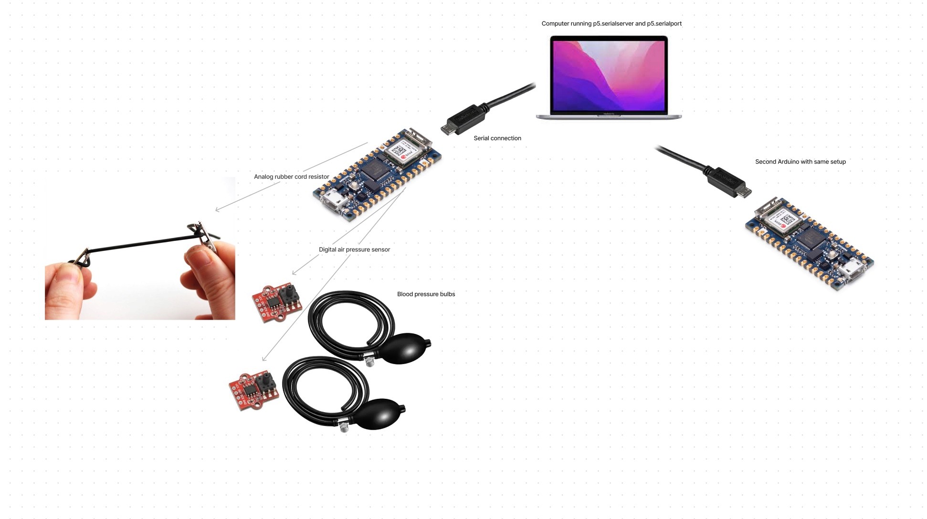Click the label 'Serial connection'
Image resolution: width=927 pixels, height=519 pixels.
[x=497, y=138]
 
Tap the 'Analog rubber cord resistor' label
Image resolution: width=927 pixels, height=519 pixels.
[x=291, y=177]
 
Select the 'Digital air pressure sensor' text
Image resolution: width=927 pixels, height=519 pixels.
[x=354, y=249]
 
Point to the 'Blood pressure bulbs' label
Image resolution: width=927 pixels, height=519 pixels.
[x=426, y=294]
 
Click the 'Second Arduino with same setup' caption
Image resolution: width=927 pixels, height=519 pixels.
[x=800, y=162]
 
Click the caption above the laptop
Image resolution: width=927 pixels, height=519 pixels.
[x=611, y=23]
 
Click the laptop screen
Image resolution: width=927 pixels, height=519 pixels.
[x=608, y=75]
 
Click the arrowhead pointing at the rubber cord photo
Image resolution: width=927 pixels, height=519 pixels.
[x=217, y=209]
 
